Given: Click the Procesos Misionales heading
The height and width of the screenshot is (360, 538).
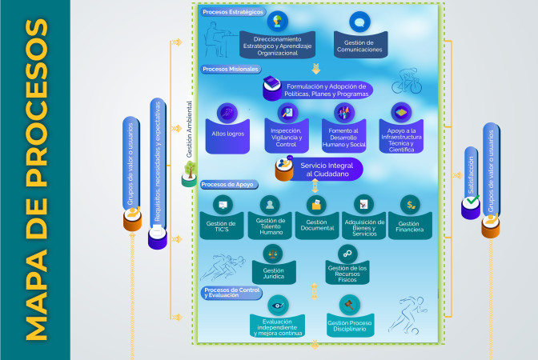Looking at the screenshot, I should click(231, 69).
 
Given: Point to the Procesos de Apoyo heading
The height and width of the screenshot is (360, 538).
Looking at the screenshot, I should click(227, 184).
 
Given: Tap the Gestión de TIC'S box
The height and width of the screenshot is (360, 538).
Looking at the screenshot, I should click(221, 227).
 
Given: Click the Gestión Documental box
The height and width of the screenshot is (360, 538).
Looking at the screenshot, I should click(316, 226).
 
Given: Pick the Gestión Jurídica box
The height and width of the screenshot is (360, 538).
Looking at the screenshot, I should click(274, 272).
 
